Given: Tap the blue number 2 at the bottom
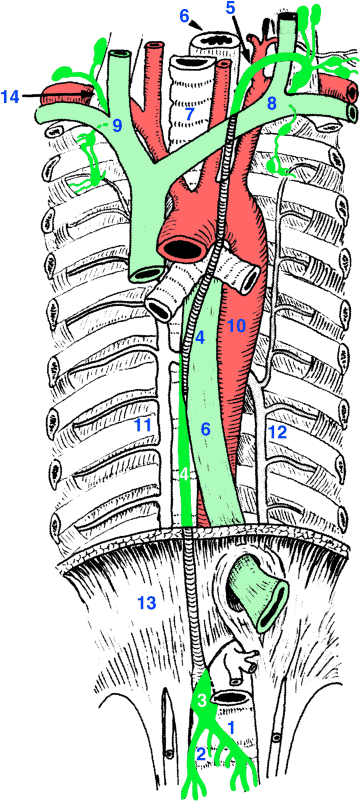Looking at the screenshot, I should click(x=201, y=752).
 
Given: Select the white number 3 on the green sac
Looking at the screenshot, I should click(x=201, y=701).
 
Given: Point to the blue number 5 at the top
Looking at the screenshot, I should click(x=230, y=8).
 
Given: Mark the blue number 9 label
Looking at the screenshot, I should click(x=116, y=125).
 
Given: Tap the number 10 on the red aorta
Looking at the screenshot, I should click(x=236, y=326).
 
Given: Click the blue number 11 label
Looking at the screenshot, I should click(x=142, y=426).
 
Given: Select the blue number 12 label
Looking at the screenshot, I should click(x=278, y=433).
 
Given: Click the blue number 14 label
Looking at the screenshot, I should click(x=11, y=96).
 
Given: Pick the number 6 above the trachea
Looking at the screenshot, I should click(x=184, y=16).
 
